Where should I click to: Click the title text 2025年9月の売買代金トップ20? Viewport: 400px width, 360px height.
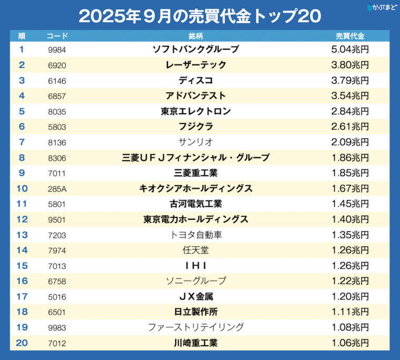pos(199,16)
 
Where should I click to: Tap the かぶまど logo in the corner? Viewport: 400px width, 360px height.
pos(381,7)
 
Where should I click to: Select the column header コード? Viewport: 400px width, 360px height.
pos(57,36)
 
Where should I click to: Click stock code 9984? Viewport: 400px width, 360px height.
pos(56,50)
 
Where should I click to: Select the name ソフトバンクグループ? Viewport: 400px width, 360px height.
pos(196,49)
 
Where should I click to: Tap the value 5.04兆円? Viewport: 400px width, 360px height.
pos(351,49)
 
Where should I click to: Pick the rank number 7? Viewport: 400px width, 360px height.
pos(22,142)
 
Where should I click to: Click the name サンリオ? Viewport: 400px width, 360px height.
pos(196,142)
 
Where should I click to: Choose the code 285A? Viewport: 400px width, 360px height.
pos(56,188)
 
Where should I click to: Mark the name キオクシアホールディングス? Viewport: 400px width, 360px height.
pos(196,188)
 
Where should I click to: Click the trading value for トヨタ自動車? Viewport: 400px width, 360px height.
pos(351,235)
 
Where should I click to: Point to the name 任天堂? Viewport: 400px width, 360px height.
pos(196,250)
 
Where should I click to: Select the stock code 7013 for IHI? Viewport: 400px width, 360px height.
pos(56,265)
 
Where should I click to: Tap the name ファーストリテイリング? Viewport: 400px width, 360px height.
pos(196,327)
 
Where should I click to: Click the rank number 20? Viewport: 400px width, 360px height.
pos(22,343)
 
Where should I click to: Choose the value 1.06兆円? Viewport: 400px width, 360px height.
pos(351,343)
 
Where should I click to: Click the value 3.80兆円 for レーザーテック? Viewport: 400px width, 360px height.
pos(351,65)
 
